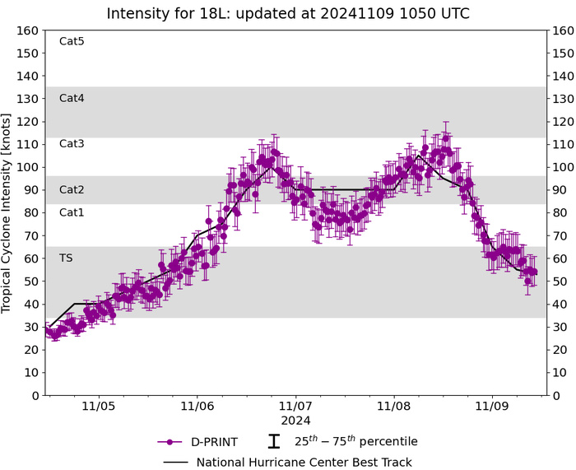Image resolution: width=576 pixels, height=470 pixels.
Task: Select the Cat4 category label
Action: click(72, 98)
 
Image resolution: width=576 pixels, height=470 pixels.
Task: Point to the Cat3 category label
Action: click(72, 143)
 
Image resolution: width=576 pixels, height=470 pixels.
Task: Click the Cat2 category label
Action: click(72, 189)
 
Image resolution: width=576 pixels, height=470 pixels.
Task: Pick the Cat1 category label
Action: click(72, 212)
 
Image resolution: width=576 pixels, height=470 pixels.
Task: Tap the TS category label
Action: click(66, 258)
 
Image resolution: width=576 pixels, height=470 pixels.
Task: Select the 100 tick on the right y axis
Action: click(564, 167)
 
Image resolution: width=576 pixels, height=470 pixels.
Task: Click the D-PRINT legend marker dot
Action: click(169, 442)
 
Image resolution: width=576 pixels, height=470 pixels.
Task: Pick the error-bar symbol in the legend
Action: click(276, 442)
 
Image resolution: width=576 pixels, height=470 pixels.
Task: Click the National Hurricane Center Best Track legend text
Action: click(304, 462)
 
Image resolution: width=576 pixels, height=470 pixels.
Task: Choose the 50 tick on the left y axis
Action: click(32, 282)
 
